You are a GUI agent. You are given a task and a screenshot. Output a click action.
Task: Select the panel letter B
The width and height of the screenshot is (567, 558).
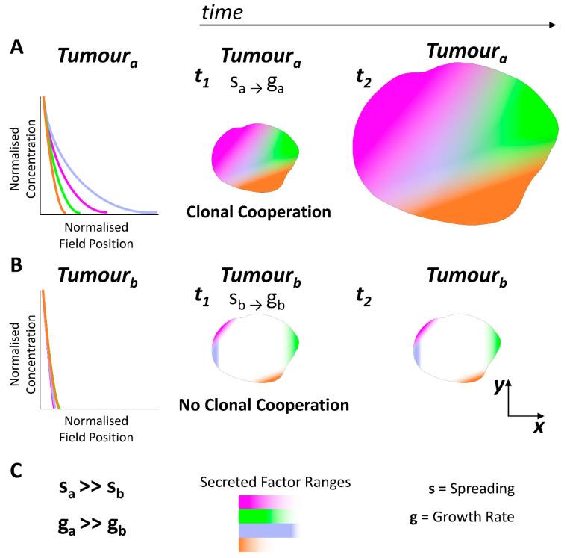16,265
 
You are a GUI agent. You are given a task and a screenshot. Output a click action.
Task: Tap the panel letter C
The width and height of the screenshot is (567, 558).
17,473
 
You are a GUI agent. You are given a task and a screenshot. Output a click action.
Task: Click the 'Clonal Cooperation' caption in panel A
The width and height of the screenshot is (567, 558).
259,212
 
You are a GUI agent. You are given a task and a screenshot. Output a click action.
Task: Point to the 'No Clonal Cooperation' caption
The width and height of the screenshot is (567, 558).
264,406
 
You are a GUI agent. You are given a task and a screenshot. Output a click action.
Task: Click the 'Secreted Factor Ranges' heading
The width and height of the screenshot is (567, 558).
275,483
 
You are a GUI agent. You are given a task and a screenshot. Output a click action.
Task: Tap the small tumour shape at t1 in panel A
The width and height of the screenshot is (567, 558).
254,158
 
